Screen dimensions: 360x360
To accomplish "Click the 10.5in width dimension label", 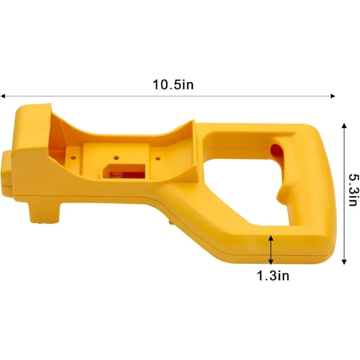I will coord(173,85).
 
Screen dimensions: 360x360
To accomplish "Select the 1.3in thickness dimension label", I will coord(273,276).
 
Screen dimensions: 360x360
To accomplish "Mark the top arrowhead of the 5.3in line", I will coord(344,126).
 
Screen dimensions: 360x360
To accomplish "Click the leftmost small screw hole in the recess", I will coord(73,157).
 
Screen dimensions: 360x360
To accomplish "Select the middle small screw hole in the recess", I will coord(116,157).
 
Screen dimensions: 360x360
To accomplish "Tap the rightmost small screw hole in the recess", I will coord(158,157).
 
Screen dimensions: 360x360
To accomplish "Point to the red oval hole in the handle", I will coord(275,150).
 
